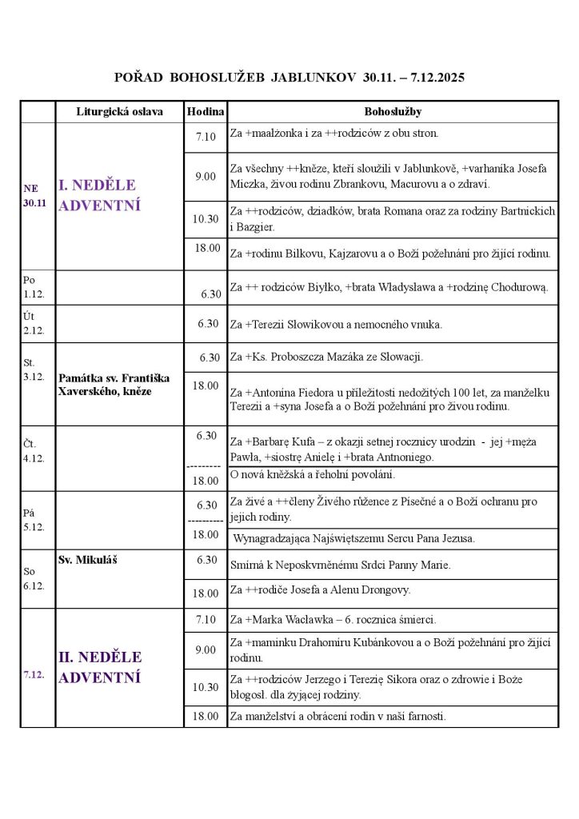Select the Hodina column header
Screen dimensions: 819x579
tap(206, 112)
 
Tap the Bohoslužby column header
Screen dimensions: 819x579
tap(393, 112)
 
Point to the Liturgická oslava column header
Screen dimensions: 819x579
tap(119, 112)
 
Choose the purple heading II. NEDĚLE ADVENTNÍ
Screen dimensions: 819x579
tap(101, 667)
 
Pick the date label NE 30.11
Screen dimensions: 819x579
tap(34, 195)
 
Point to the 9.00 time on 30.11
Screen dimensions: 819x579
tap(206, 176)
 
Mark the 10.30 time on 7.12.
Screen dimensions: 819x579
tap(206, 687)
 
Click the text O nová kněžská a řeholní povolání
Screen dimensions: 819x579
tap(312, 475)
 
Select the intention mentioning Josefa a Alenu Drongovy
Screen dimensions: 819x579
tap(320, 590)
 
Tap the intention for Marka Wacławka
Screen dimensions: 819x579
tap(332, 619)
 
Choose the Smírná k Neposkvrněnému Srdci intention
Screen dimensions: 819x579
tap(340, 565)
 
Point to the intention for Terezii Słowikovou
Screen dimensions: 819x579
tap(336, 324)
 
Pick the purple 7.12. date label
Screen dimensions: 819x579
tap(34, 674)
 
